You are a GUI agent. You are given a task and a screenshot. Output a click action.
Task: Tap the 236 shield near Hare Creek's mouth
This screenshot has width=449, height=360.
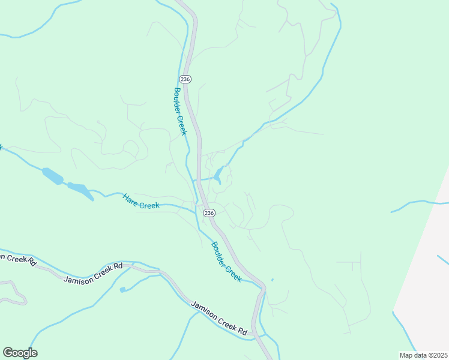tap(209, 213)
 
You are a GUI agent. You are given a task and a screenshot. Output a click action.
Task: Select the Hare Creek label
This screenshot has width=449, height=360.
tap(141, 201)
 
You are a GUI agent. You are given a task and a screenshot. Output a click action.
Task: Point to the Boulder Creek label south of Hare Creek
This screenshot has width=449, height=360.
tap(226, 262)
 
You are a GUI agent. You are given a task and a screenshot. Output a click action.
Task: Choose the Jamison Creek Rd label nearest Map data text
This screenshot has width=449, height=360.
tap(219, 318)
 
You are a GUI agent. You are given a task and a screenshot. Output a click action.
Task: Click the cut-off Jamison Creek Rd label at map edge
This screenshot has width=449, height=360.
tap(17, 259)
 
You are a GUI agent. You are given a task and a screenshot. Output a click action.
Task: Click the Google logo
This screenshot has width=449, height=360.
tap(20, 353)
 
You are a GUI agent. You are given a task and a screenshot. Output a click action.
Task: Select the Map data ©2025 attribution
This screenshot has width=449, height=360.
tap(423, 355)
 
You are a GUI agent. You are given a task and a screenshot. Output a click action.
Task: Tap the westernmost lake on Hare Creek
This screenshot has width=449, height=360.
tap(52, 176)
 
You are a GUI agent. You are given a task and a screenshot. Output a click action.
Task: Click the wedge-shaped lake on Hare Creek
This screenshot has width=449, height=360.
tap(80, 190)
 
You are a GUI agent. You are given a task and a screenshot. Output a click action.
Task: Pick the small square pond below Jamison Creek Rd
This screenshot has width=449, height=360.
tap(123, 290)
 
